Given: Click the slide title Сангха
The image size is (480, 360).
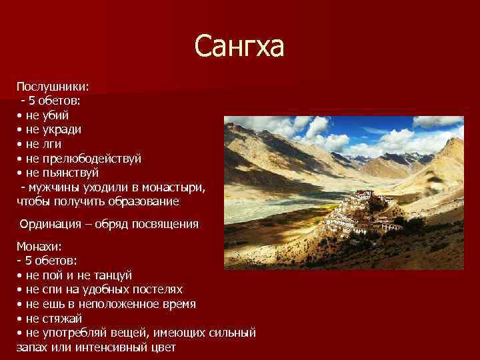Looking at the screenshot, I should coord(239,47).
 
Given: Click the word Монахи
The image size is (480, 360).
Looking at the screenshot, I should coord(40,247).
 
